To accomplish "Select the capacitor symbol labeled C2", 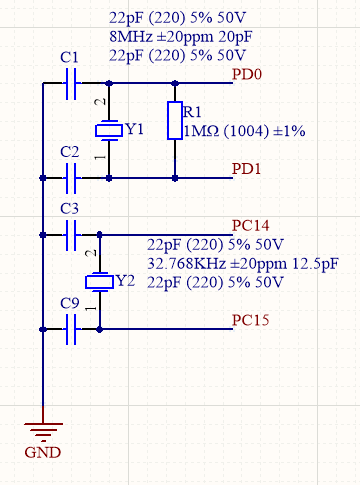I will point(71,178).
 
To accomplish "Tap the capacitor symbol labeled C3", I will point(71,235).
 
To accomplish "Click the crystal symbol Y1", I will point(107,131).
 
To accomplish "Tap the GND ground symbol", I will point(42,432).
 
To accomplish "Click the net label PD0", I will point(247,74).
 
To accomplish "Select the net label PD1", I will point(247,168).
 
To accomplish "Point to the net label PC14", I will point(251,225).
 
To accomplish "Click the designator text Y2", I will point(125,281).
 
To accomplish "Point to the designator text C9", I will point(69,302).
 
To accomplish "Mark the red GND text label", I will point(42,453).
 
